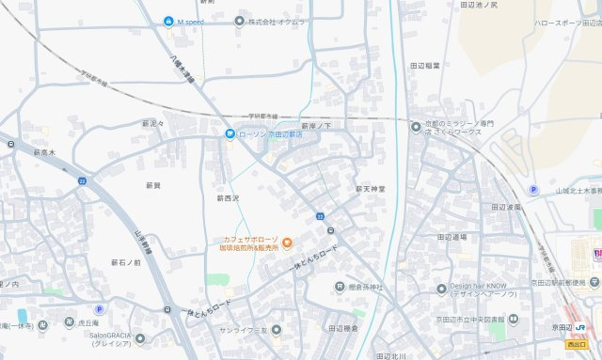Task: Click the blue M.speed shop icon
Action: tap(168, 21)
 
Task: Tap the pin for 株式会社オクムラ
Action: tap(240, 21)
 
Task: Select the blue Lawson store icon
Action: tap(230, 134)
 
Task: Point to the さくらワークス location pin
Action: tap(417, 126)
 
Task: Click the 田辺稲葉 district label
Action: tap(424, 65)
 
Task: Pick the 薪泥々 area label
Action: tap(153, 123)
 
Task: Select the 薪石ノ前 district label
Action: tap(125, 262)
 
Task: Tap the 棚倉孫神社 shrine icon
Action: tap(339, 287)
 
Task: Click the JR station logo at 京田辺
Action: tap(581, 329)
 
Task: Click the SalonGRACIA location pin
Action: tap(140, 338)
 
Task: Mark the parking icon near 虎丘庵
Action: tap(99, 309)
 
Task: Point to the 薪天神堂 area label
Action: tap(370, 188)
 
